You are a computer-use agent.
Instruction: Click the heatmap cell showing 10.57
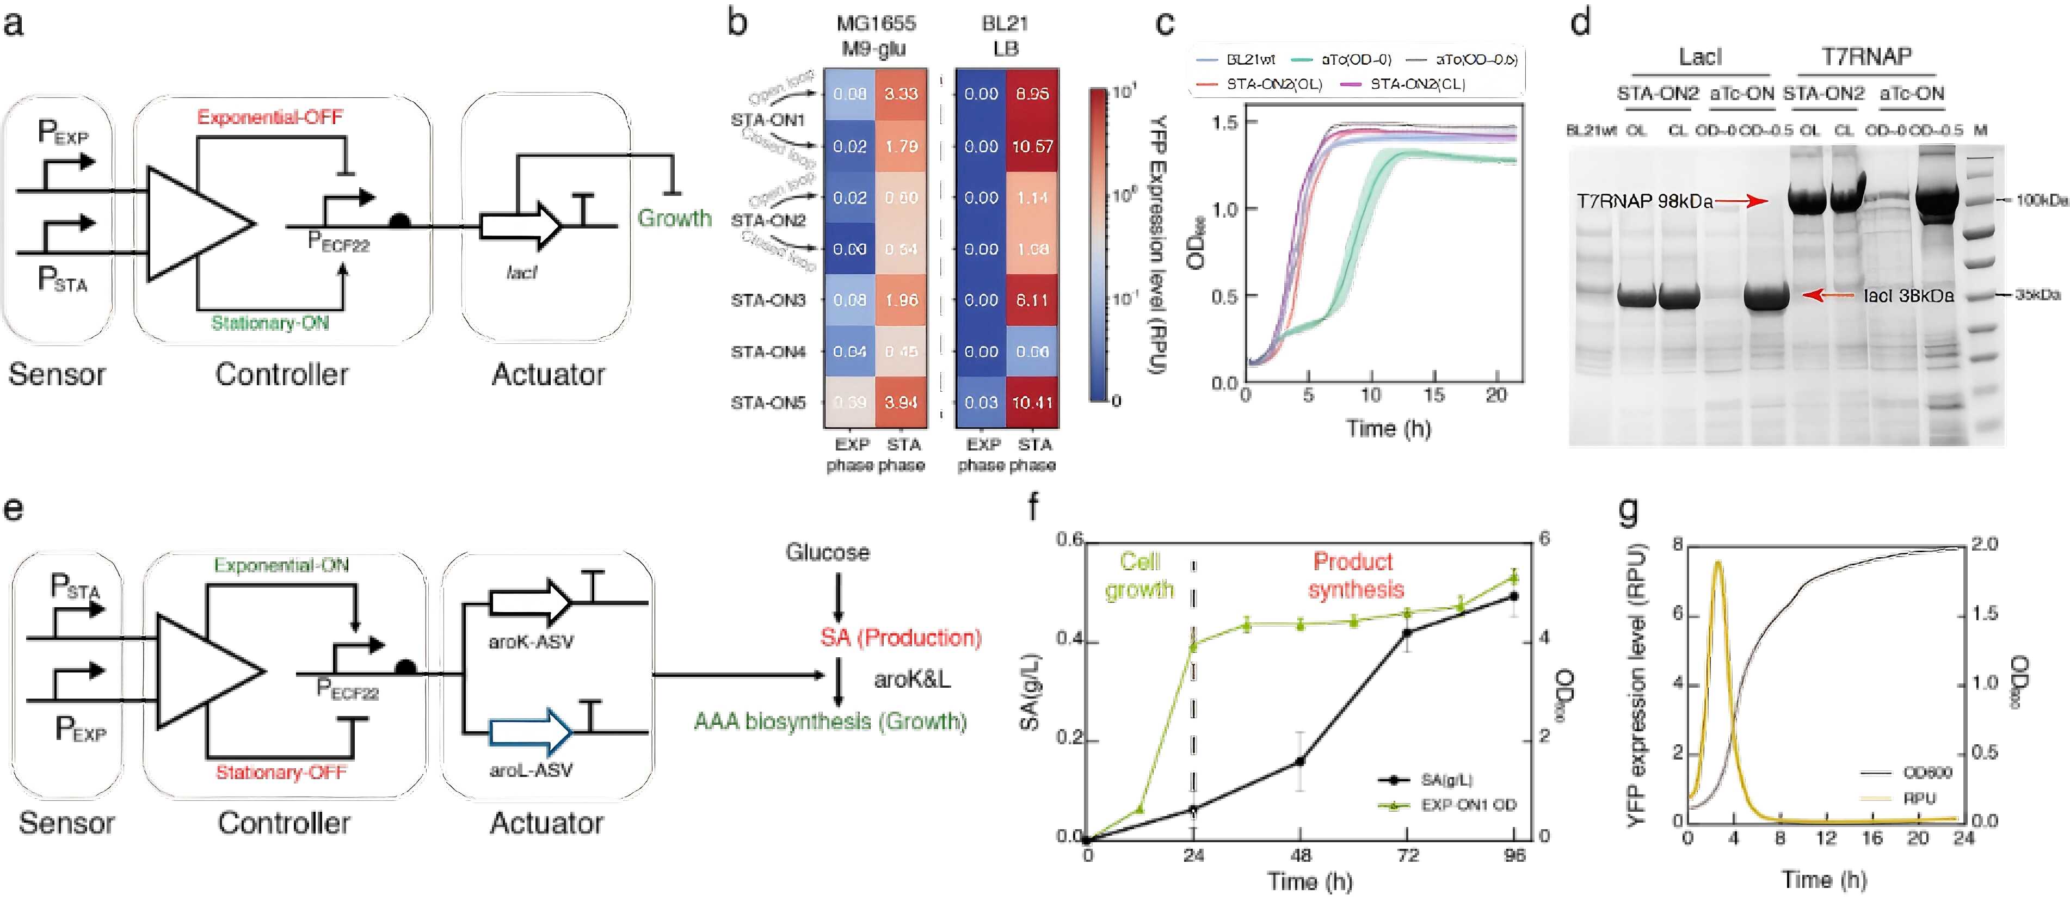pyautogui.click(x=1032, y=146)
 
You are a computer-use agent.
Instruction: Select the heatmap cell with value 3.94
pyautogui.click(x=901, y=402)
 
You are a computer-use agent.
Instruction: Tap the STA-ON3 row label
pyautogui.click(x=767, y=300)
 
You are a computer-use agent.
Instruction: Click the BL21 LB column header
pyautogui.click(x=1005, y=35)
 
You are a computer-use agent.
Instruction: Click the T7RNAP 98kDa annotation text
pyautogui.click(x=1644, y=201)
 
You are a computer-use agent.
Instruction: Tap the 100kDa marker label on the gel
pyautogui.click(x=2041, y=200)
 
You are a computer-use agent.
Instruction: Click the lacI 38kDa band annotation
pyautogui.click(x=1908, y=296)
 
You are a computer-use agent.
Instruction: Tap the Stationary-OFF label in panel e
pyautogui.click(x=281, y=773)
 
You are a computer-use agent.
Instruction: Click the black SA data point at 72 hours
pyautogui.click(x=1407, y=633)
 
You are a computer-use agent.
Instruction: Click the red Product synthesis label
pyautogui.click(x=1357, y=576)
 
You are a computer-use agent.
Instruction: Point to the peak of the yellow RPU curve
pyautogui.click(x=1718, y=563)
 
